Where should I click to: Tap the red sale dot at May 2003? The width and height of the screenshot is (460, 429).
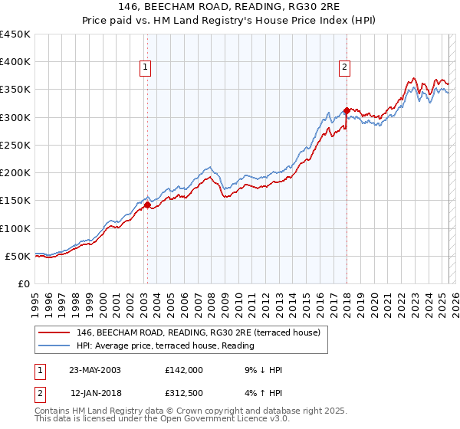coord(147,205)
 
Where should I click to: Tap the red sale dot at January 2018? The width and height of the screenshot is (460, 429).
coord(347,110)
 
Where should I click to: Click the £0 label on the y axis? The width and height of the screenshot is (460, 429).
coord(25,283)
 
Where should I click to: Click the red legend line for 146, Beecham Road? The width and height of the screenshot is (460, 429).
coord(56,332)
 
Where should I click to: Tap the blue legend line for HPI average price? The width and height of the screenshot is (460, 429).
coord(56,345)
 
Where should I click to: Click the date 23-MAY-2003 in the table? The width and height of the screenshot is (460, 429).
coord(95,370)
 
